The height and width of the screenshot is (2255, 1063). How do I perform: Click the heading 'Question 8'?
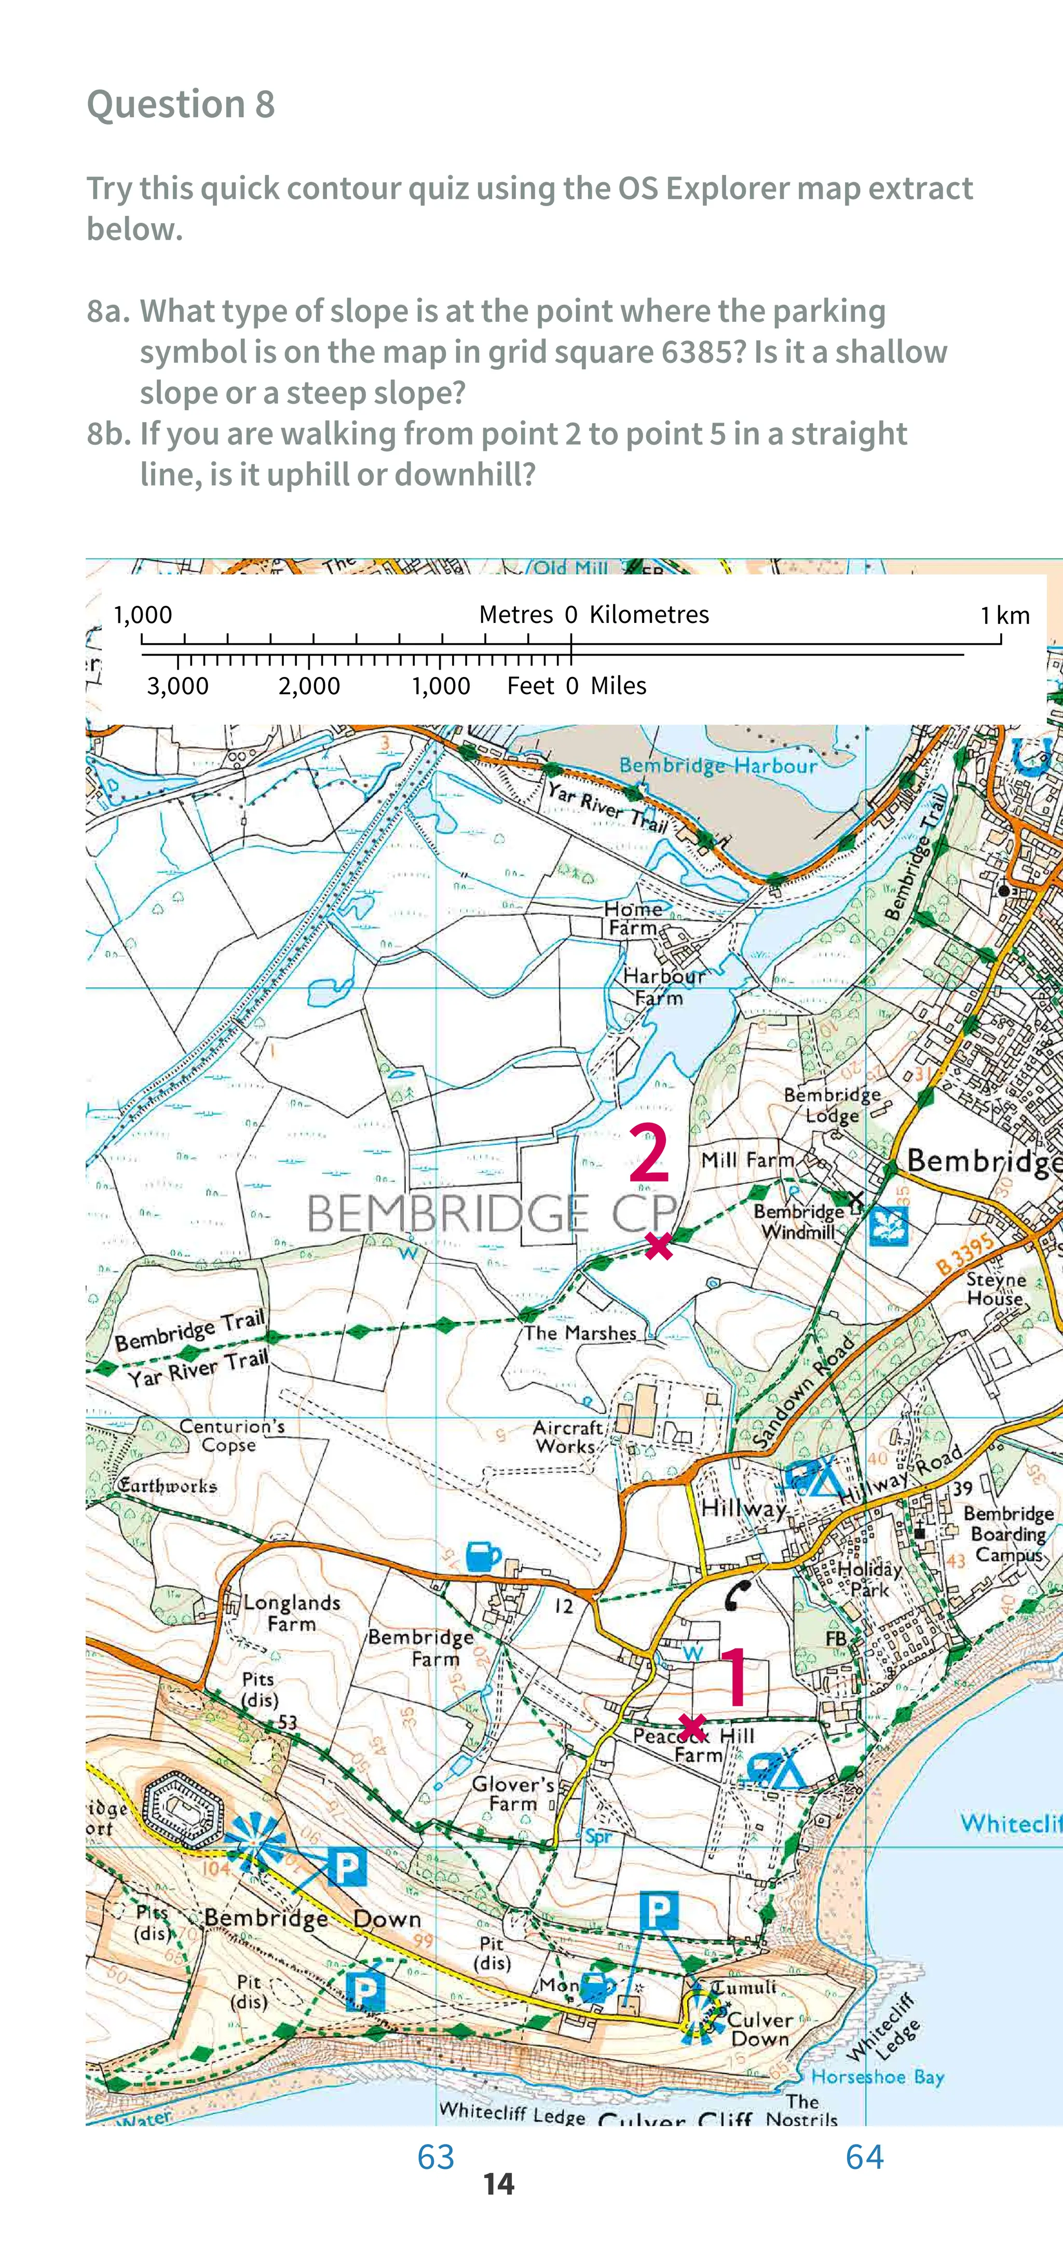181,104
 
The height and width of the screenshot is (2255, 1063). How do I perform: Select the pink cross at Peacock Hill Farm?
692,1727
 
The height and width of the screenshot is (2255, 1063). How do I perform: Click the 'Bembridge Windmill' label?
798,1221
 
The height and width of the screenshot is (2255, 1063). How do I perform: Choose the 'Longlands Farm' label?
292,1612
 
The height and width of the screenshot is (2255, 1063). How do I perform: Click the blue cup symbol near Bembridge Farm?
483,1556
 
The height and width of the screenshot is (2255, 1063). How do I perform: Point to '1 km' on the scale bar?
1004,615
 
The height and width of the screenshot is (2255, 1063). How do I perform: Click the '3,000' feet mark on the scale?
178,685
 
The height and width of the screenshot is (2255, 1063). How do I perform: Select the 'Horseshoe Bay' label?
877,2076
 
